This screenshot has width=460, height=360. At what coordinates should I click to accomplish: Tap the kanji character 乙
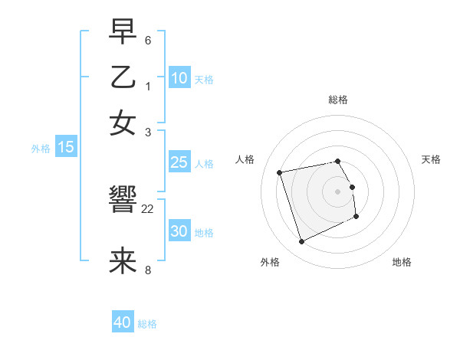123,78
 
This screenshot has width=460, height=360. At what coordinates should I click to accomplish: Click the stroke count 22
148,209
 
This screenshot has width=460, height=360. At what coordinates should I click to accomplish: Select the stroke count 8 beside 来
148,270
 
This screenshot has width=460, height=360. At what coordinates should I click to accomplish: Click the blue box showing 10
179,78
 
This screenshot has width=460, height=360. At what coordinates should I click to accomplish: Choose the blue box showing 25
179,162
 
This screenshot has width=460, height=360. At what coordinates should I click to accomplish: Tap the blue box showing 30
179,231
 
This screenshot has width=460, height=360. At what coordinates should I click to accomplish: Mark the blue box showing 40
123,322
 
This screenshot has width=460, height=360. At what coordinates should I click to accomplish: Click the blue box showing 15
66,147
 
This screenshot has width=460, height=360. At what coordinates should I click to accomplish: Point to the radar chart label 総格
338,100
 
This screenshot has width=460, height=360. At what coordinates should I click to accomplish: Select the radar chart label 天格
432,159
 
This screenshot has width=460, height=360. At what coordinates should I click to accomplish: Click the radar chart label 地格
402,262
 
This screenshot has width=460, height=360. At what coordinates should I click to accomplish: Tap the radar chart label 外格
270,262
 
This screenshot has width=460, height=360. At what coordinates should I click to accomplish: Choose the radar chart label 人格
245,159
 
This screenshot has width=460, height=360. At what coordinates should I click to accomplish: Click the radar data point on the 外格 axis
301,242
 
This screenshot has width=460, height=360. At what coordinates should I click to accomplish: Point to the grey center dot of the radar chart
338,191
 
